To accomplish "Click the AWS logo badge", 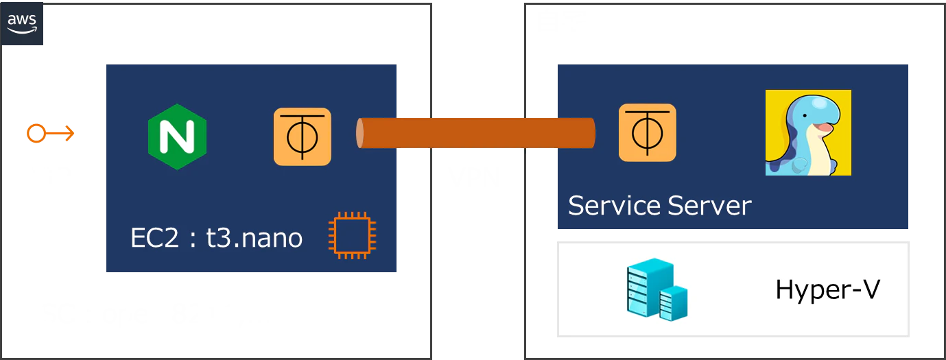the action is point(22,23).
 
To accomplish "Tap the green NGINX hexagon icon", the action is point(178,136).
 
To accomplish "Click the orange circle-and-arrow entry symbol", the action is point(51,133).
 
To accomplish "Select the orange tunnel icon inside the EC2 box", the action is point(303,136).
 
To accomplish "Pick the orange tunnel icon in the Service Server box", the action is point(648,132).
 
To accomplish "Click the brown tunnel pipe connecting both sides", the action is point(476,133).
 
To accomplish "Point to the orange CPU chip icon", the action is point(352,235).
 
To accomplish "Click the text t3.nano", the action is point(255,238).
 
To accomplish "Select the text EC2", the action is point(154,238).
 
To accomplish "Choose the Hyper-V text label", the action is point(828,289).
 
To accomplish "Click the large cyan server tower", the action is point(648,287).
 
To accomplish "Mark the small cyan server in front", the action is point(674,303).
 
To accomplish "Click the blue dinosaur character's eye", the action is point(805,115).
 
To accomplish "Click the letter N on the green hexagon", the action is point(178,136).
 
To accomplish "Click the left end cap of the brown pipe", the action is point(360,133).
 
